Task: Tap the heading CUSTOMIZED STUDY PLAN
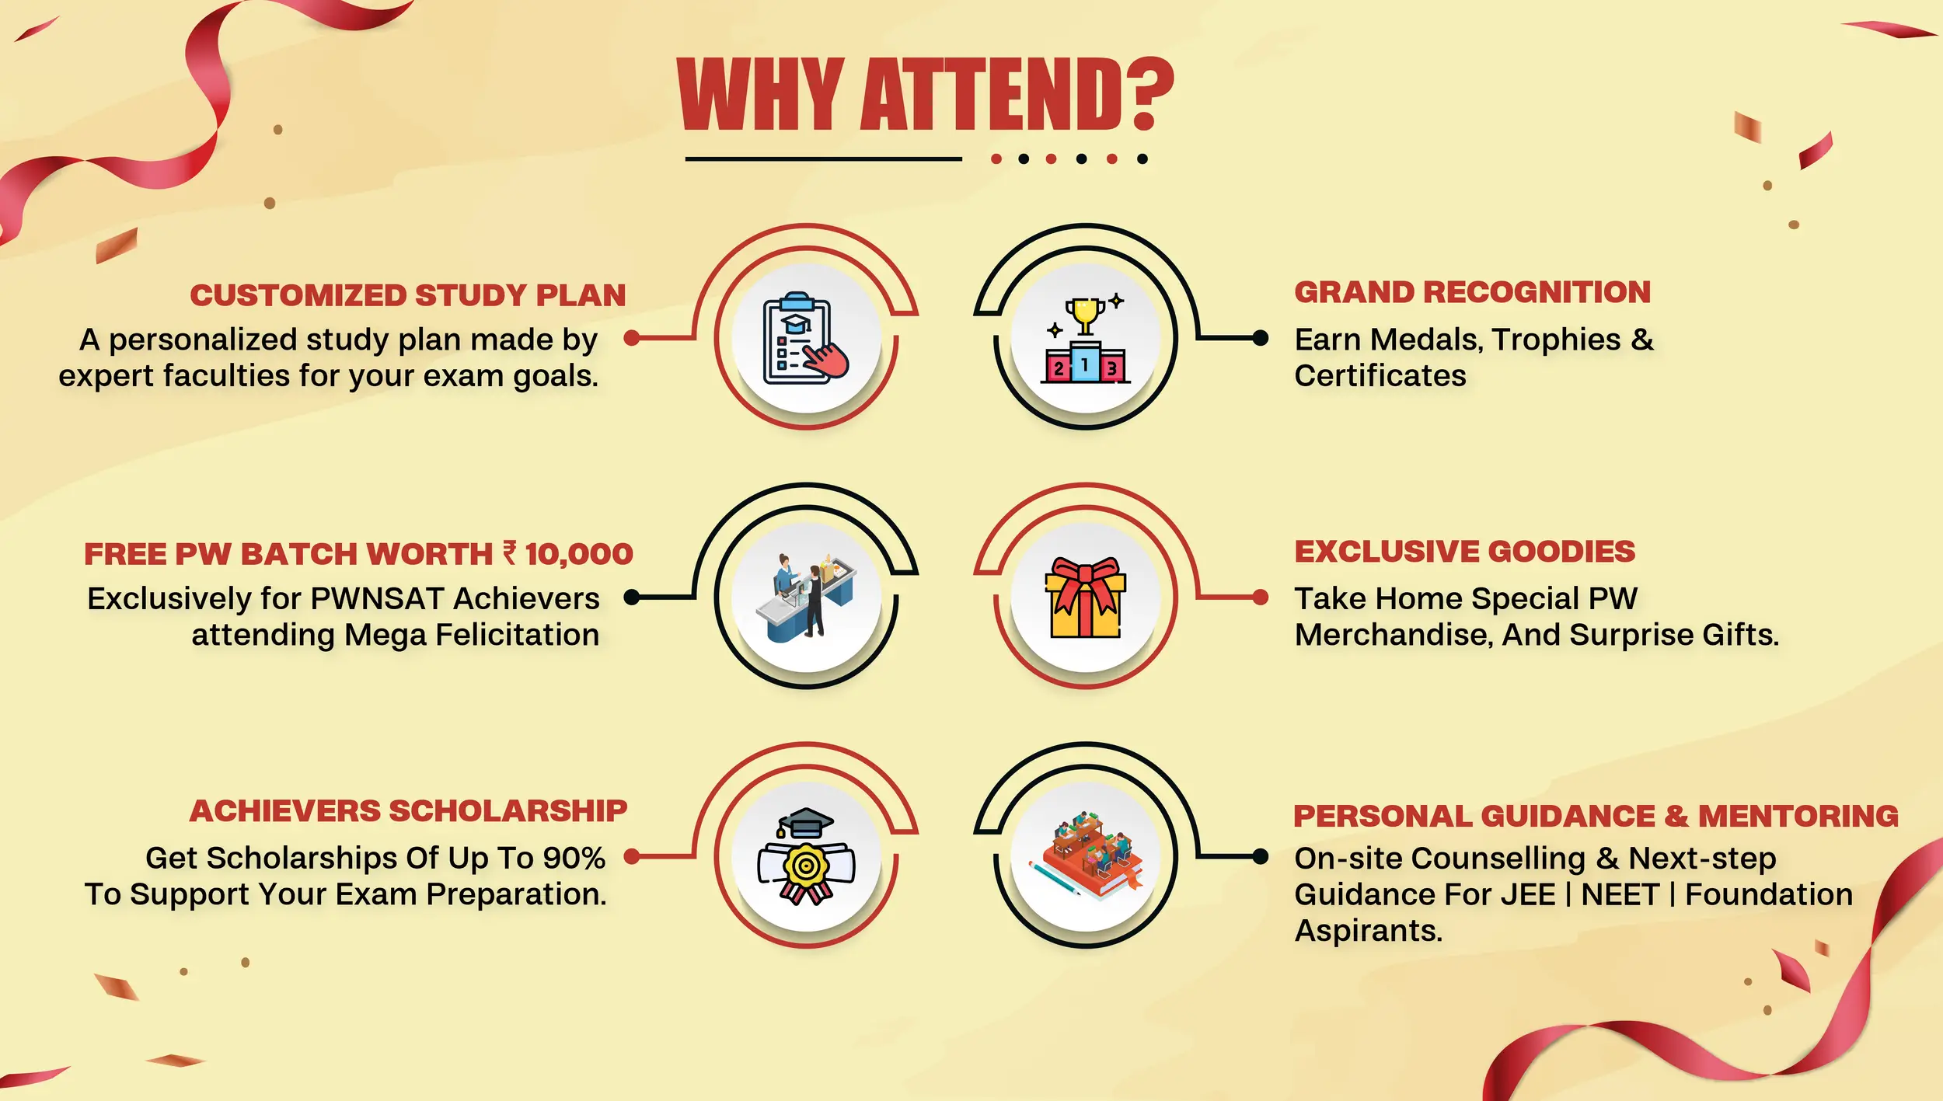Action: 408,295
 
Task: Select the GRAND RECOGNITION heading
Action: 1472,292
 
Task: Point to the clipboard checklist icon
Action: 801,339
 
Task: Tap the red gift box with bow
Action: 1086,598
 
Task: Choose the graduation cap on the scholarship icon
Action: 805,823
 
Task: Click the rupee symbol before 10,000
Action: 510,552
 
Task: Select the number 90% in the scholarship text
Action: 574,858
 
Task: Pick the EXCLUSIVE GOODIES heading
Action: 1464,552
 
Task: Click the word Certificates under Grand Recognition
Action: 1380,376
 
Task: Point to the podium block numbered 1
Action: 1085,363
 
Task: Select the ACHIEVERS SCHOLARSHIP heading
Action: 408,811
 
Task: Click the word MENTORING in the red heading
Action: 1798,816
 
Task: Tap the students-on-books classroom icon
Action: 1086,855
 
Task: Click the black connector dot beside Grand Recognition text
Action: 1260,338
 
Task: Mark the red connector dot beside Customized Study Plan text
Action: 632,338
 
